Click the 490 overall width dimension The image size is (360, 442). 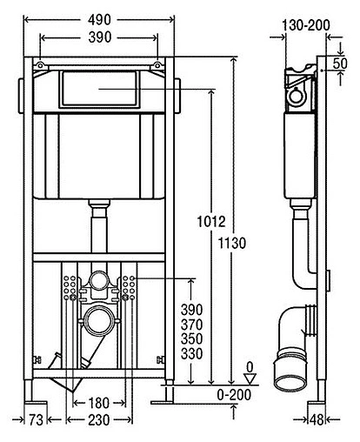point(99,20)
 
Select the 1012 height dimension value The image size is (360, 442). point(211,222)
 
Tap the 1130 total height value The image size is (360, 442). point(232,243)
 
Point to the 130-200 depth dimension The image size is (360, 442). point(306,25)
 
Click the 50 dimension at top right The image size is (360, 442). point(340,64)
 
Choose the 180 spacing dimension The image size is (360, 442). point(99,403)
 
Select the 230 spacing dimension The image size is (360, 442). point(99,420)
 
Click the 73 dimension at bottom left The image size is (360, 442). point(36,420)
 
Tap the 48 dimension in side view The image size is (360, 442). point(317,419)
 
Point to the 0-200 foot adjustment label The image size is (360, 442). point(234,395)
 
